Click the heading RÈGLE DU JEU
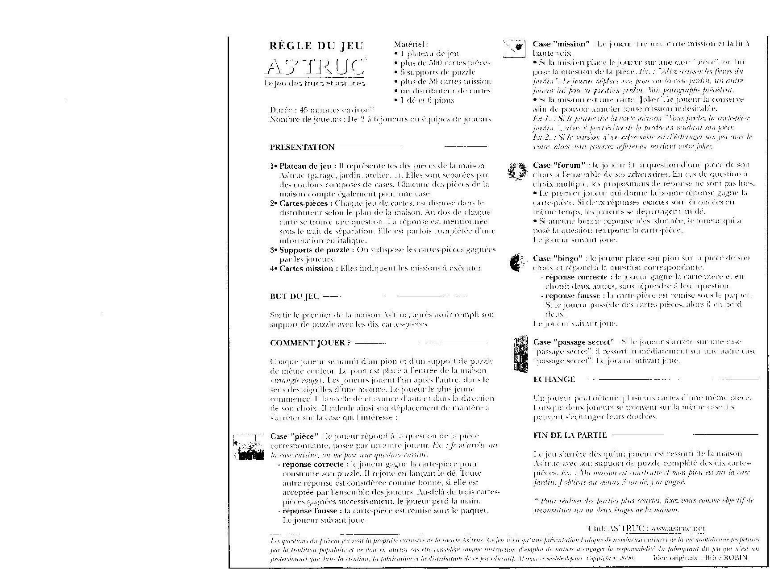316,46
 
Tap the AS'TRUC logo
315,67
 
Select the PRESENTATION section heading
302,147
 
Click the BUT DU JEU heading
295,296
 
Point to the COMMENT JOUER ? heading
310,343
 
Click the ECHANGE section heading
554,379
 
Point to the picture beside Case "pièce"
248,447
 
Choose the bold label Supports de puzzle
317,250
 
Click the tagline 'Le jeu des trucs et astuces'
314,83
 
